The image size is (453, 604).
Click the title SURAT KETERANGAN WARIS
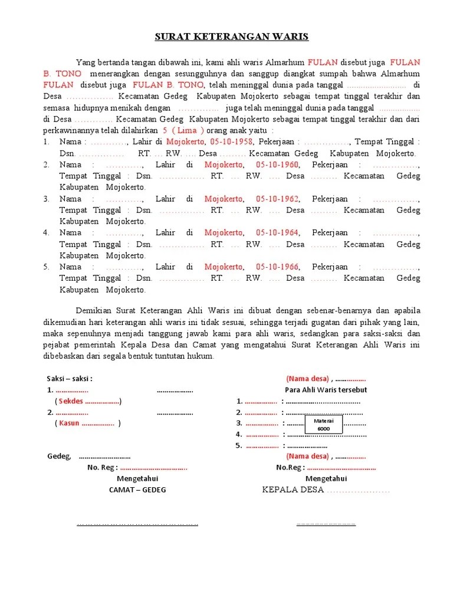(x=231, y=37)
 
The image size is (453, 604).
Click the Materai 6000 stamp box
(x=323, y=424)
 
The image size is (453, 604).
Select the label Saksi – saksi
(x=70, y=379)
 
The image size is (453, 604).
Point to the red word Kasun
(x=69, y=424)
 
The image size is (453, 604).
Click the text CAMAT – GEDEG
(x=137, y=490)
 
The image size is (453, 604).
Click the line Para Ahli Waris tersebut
(x=326, y=390)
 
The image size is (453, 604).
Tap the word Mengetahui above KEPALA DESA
(x=326, y=478)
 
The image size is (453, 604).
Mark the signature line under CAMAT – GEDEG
(x=137, y=524)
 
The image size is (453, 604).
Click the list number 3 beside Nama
(x=46, y=199)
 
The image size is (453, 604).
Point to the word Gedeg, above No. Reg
(x=59, y=456)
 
